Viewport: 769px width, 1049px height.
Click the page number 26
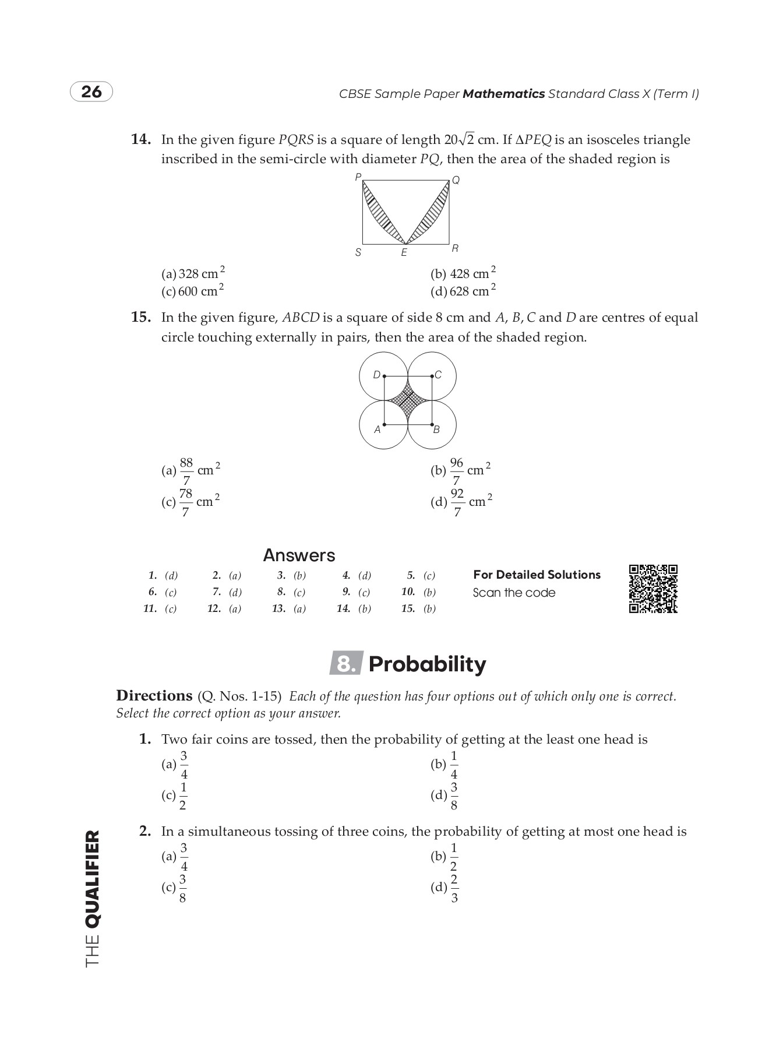(x=91, y=92)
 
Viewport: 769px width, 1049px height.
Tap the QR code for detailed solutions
(x=653, y=589)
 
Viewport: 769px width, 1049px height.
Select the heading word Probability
(x=427, y=664)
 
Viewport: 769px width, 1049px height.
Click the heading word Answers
(x=299, y=555)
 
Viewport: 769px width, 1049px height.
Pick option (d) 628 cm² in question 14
(x=464, y=290)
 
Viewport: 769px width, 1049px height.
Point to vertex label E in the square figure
(x=404, y=253)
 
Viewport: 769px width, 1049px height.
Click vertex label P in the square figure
(x=358, y=177)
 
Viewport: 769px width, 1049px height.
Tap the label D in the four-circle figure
(x=376, y=375)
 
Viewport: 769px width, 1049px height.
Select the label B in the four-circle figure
(x=436, y=430)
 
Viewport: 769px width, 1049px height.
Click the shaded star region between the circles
(x=408, y=400)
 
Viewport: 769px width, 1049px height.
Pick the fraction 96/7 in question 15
(x=456, y=471)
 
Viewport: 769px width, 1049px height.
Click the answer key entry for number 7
(x=227, y=592)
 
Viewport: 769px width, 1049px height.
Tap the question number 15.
(x=141, y=318)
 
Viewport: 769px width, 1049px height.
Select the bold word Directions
(x=154, y=696)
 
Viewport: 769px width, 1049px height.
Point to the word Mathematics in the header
(x=503, y=94)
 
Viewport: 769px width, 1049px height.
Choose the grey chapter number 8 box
(x=346, y=664)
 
